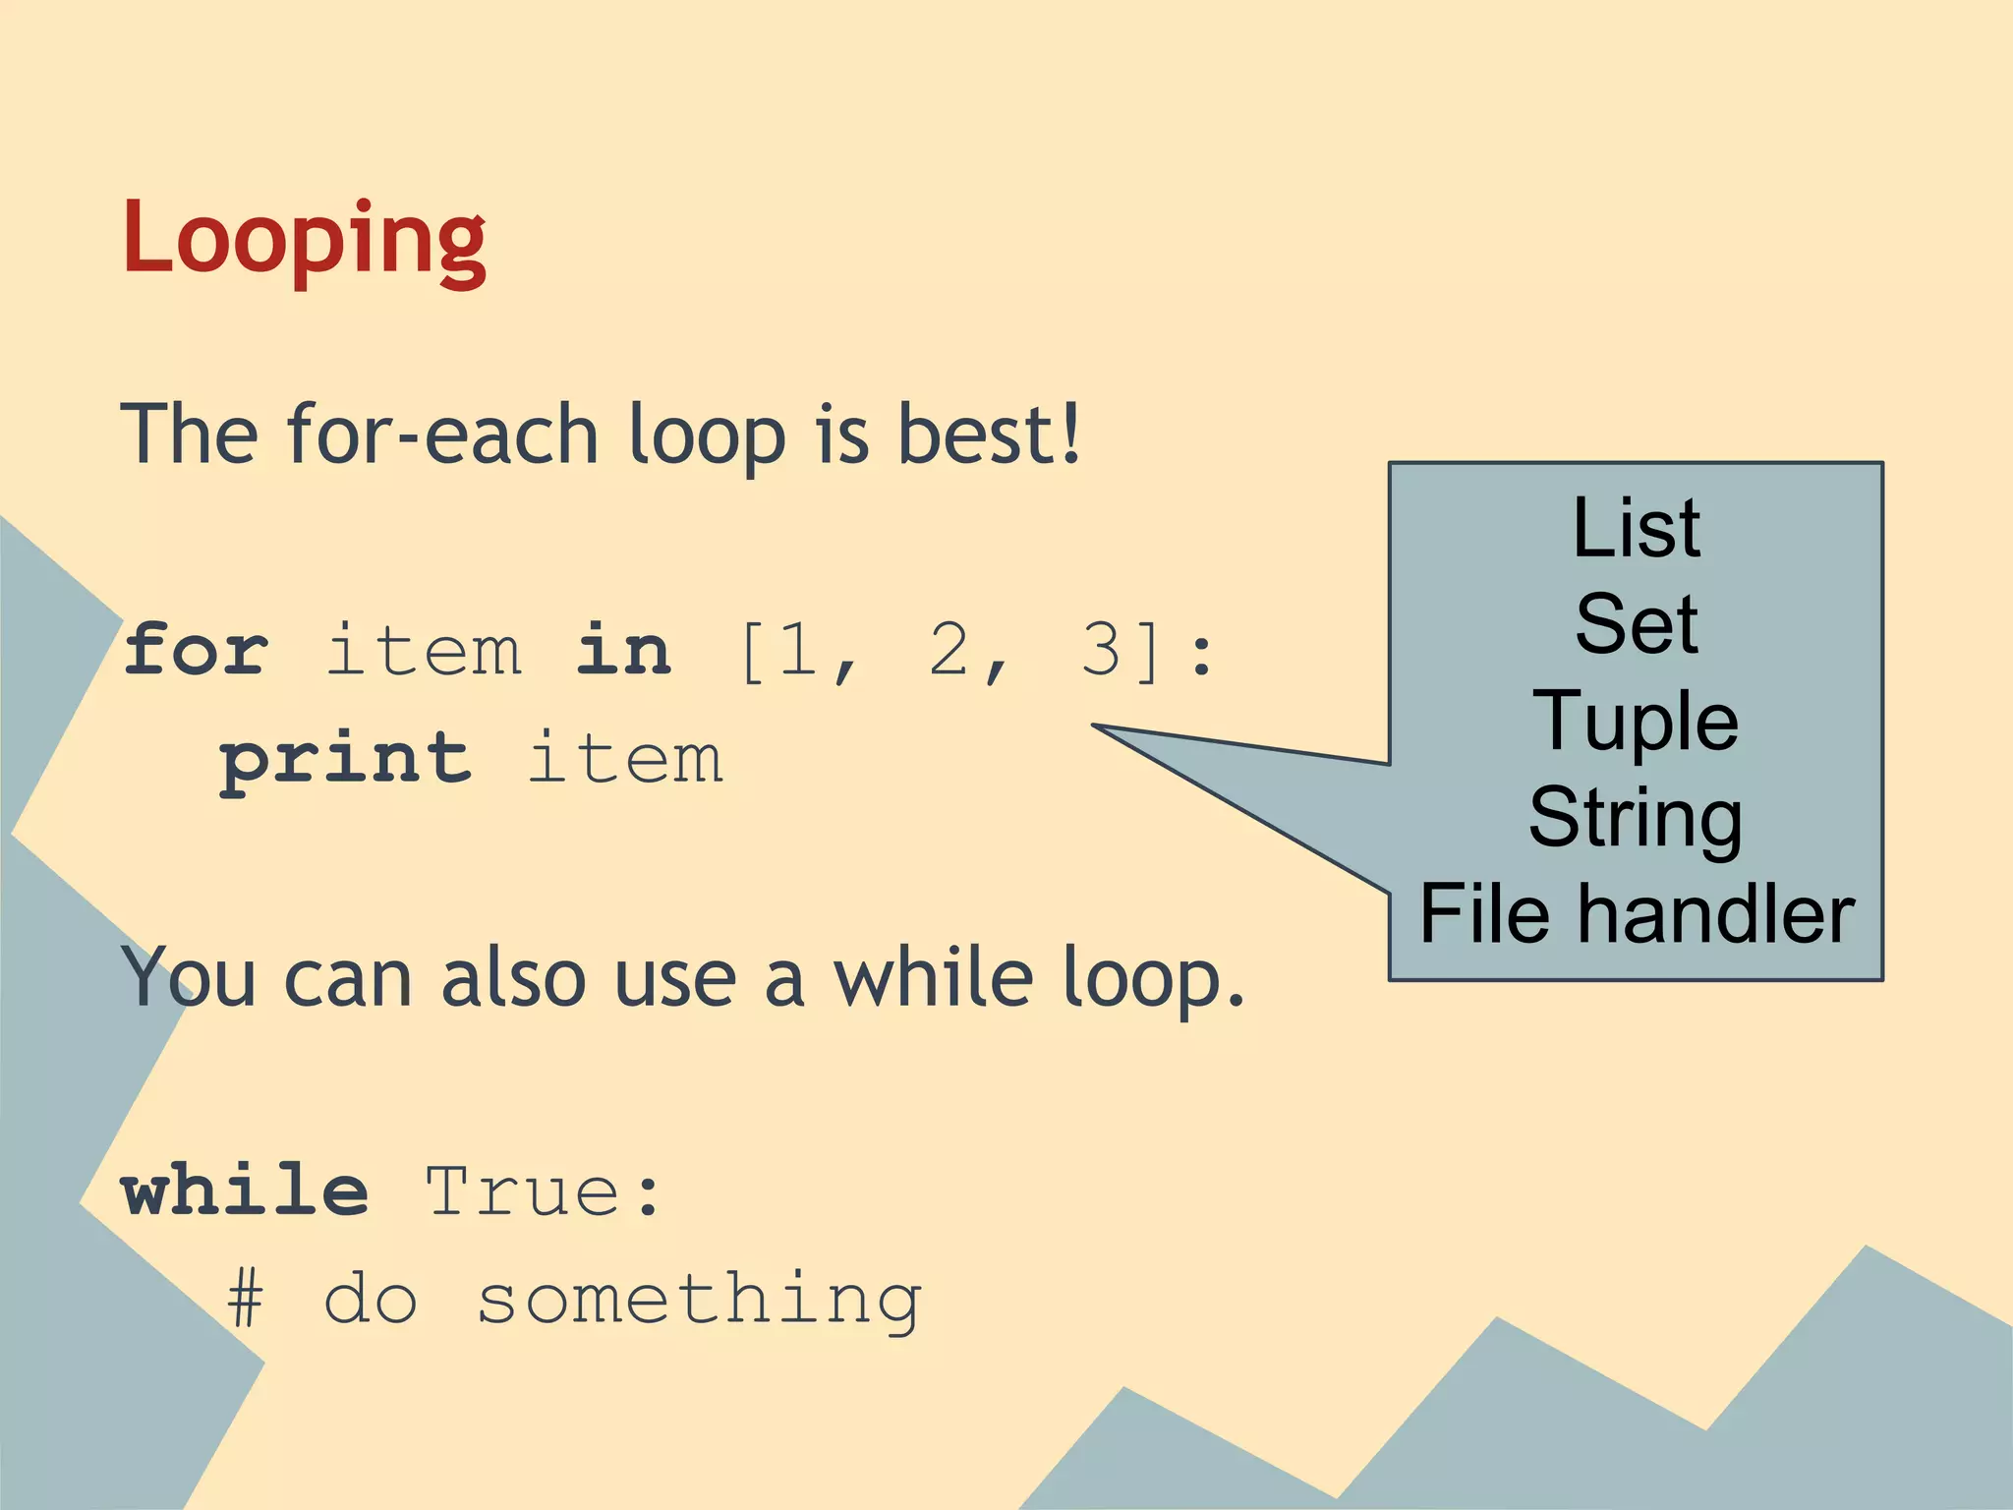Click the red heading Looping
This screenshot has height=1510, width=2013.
coord(304,239)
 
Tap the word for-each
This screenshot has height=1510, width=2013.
coord(442,434)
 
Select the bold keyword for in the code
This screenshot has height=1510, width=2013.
coord(196,650)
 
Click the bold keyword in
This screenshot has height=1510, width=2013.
coord(624,650)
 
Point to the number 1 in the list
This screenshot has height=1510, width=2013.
coord(796,650)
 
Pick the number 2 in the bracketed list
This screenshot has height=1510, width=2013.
coord(949,650)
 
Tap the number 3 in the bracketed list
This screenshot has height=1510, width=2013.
coord(1101,650)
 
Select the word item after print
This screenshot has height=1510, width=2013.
coord(625,760)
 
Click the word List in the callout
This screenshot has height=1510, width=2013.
coord(1636,529)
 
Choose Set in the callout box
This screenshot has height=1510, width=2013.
coord(1636,624)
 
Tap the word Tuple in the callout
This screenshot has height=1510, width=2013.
coord(1636,722)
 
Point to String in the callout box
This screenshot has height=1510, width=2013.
coord(1636,818)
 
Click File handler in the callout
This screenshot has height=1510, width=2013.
coord(1636,914)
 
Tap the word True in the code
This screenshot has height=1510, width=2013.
coord(523,1191)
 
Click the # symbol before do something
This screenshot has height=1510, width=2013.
coord(246,1300)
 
